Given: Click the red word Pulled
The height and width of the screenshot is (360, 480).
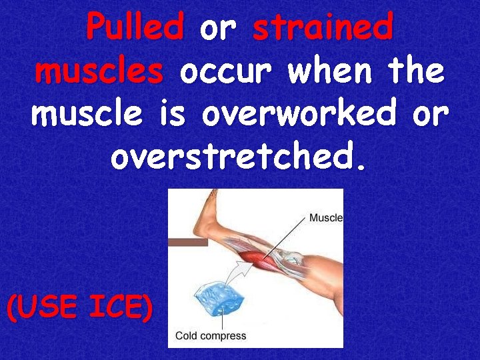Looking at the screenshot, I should pyautogui.click(x=135, y=29).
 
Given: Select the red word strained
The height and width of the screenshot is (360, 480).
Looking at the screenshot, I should pyautogui.click(x=323, y=29).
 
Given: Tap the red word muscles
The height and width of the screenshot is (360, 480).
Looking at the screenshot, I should pyautogui.click(x=99, y=71).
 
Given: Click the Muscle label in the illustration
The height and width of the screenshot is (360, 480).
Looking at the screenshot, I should pyautogui.click(x=325, y=217).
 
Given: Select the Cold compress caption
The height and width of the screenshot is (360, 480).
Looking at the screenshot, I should pyautogui.click(x=211, y=335).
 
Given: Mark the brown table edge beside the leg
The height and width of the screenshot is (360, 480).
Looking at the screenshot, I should pyautogui.click(x=187, y=243).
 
